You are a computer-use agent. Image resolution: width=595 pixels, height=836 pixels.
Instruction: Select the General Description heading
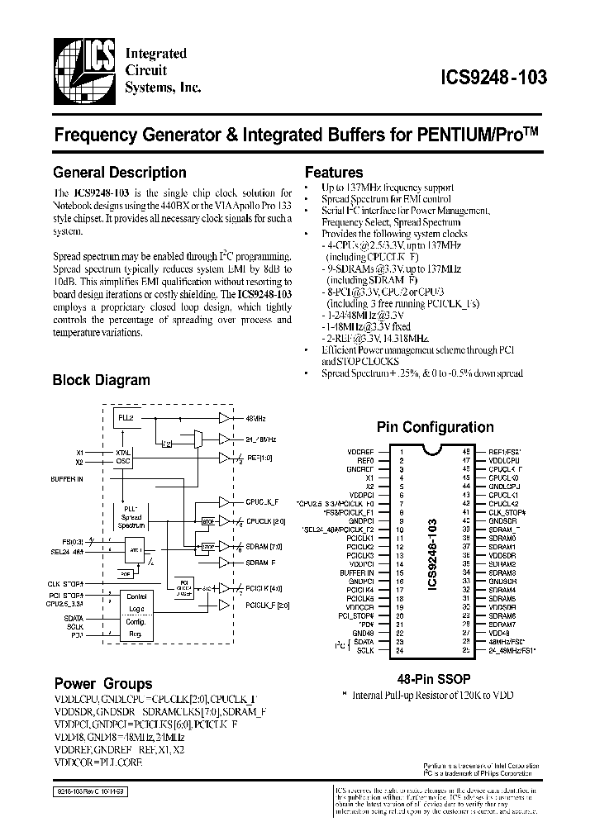119,173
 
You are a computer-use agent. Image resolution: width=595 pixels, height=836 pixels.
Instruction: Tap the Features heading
334,173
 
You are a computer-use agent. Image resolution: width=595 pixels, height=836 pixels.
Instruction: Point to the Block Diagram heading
101,381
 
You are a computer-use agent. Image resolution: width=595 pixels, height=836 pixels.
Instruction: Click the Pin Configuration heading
435,427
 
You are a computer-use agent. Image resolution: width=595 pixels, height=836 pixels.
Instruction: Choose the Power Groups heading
102,684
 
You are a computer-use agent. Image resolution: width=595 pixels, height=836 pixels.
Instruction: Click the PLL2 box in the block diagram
126,419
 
